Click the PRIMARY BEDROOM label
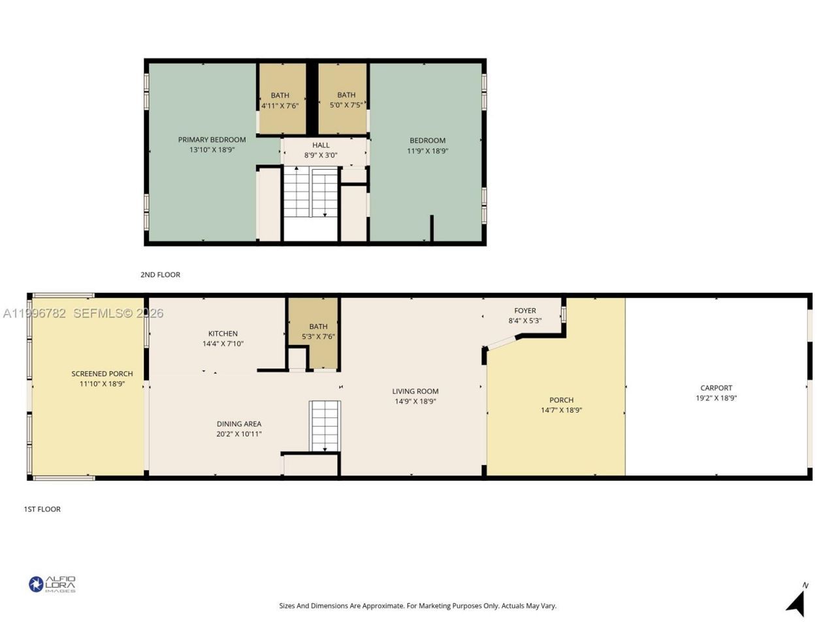[x=212, y=140]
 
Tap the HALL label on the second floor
[x=321, y=145]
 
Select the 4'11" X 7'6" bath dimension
[x=280, y=105]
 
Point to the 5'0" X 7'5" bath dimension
[x=346, y=104]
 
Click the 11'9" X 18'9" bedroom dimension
[x=427, y=150]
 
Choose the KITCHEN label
[x=223, y=334]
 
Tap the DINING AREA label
[x=239, y=424]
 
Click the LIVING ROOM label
[x=415, y=391]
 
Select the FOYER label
[x=525, y=311]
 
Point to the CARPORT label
[x=716, y=387]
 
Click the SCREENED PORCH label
[x=102, y=374]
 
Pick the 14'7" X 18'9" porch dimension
[x=562, y=410]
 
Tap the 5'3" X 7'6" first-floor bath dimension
[x=318, y=336]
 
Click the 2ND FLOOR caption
[x=161, y=274]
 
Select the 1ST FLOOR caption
[x=42, y=509]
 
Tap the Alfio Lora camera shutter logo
[x=36, y=584]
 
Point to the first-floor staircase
[x=325, y=426]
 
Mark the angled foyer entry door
[x=502, y=343]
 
